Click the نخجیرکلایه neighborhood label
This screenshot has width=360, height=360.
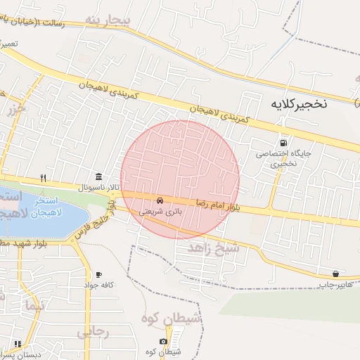298,104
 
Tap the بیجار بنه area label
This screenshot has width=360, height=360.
106,19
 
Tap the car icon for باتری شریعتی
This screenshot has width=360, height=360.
160,200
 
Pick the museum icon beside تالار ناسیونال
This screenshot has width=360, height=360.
98,176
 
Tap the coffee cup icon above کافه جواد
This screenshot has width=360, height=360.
98,274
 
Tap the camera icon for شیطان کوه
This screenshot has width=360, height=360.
163,341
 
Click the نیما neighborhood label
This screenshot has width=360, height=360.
33,307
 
